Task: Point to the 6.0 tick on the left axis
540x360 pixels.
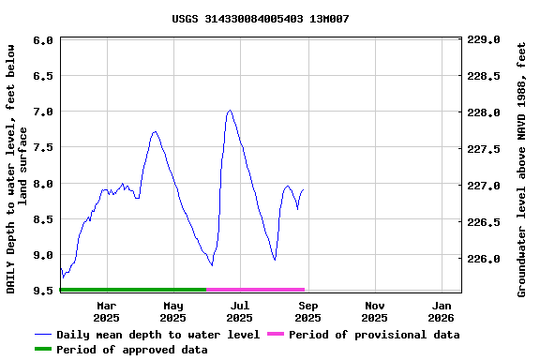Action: pyautogui.click(x=42, y=40)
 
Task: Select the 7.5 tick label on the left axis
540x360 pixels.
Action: pyautogui.click(x=42, y=147)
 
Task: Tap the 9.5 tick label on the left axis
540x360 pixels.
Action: pyautogui.click(x=42, y=291)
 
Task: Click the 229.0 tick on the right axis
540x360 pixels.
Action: pyautogui.click(x=484, y=40)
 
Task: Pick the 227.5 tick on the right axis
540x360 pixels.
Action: pyautogui.click(x=484, y=149)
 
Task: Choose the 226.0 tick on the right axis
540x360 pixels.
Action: pyautogui.click(x=484, y=259)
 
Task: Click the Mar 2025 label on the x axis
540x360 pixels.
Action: pyautogui.click(x=106, y=311)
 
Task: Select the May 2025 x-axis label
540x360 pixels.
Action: pyautogui.click(x=173, y=311)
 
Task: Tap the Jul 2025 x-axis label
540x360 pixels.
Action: pyautogui.click(x=240, y=311)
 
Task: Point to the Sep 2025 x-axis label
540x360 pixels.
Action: pyautogui.click(x=307, y=311)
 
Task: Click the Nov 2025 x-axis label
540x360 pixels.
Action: pyautogui.click(x=375, y=311)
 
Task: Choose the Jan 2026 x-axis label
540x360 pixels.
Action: pyautogui.click(x=442, y=311)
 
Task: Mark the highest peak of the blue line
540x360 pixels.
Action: pyautogui.click(x=230, y=111)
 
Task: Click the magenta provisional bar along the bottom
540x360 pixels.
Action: pyautogui.click(x=255, y=290)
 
